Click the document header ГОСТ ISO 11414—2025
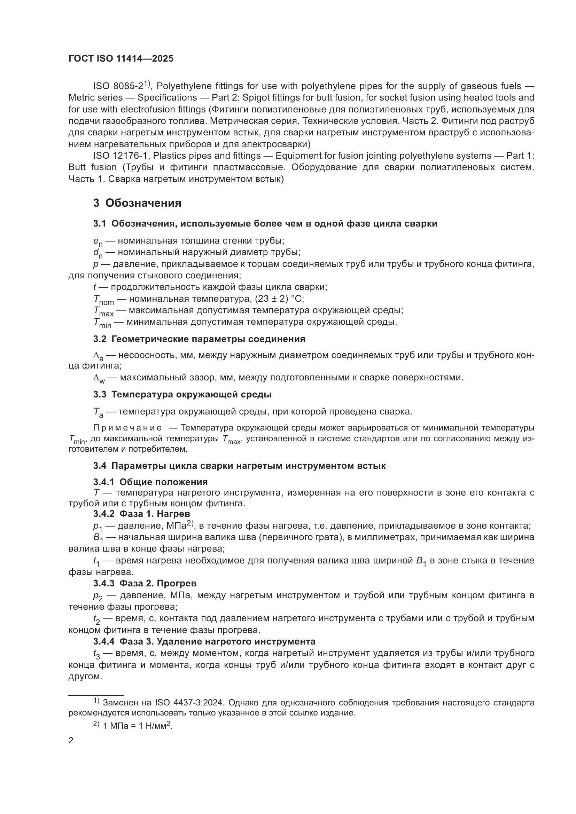coord(121,59)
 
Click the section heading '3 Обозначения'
coord(137,203)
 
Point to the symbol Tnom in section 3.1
coord(103,300)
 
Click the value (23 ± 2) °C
coord(280,299)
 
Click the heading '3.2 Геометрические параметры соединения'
coord(199,339)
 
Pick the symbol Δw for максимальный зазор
coord(99,378)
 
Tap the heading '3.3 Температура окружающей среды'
coord(182,394)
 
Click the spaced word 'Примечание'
coord(127,428)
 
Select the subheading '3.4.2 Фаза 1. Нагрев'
coord(141,514)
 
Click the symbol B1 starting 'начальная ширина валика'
coord(98,538)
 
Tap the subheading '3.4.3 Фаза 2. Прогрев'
coord(145,583)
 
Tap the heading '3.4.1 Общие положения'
coord(150,482)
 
